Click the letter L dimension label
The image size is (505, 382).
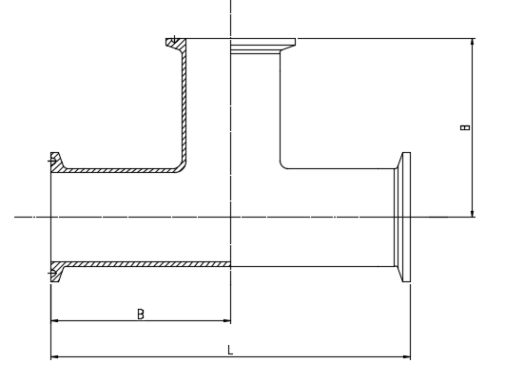point(230,350)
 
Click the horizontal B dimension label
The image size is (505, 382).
point(141,314)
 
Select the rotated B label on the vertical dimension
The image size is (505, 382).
point(465,127)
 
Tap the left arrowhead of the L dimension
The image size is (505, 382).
point(54,356)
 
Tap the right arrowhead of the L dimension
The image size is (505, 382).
point(407,356)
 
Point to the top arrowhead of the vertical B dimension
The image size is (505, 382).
point(472,42)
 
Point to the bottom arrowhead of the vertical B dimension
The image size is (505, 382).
point(472,213)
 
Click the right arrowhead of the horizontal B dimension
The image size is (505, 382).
point(227,320)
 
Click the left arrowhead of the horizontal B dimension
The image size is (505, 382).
point(55,320)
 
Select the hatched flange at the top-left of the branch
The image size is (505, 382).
point(176,45)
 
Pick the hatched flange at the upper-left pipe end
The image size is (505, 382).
point(57,162)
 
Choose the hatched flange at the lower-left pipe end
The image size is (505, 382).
point(57,272)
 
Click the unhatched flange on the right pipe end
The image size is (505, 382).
point(402,217)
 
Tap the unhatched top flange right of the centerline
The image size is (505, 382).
point(263,46)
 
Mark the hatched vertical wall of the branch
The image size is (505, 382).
point(185,106)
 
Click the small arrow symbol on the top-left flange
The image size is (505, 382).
point(174,40)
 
